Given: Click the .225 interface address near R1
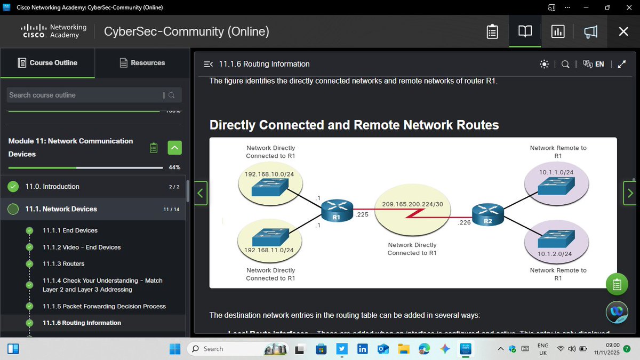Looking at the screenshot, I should [x=362, y=215].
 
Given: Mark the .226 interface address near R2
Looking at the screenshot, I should [x=464, y=223].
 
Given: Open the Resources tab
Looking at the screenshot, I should [x=142, y=63].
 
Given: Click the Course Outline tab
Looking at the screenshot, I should [x=47, y=63].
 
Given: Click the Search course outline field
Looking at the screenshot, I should [x=85, y=95].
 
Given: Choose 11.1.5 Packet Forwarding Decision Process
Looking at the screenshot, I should [x=104, y=306].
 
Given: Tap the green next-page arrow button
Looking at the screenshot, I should [x=630, y=193].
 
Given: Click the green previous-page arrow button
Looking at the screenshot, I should [x=201, y=193].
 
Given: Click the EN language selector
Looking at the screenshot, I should [x=594, y=64].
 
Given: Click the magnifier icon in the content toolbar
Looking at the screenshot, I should [x=565, y=64].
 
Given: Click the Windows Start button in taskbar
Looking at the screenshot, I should [x=175, y=349].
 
